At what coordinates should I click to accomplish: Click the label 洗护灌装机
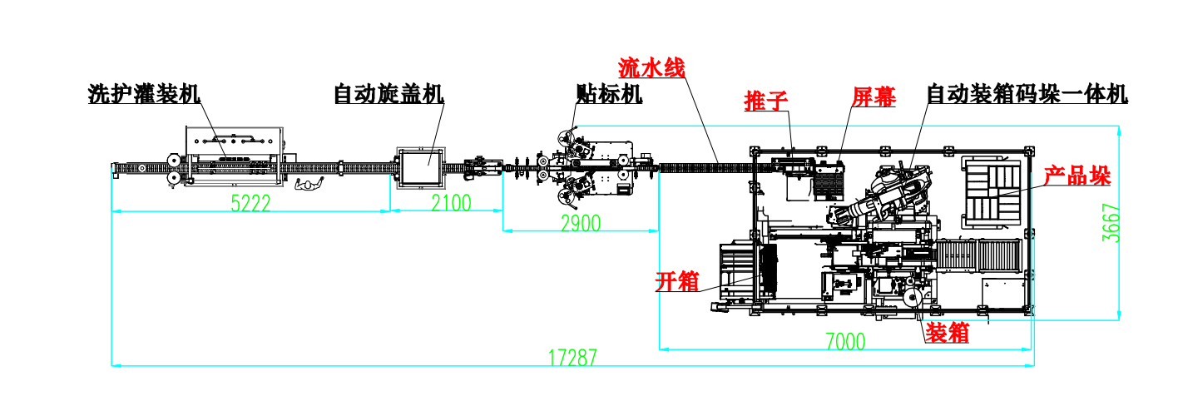[x=145, y=94]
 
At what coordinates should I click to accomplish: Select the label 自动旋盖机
[x=389, y=94]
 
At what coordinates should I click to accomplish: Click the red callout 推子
[x=765, y=101]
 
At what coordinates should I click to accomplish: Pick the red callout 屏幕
[x=874, y=97]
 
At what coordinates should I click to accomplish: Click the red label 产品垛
[x=1077, y=176]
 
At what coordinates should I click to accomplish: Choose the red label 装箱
[x=948, y=333]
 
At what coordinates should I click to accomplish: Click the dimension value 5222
[x=250, y=203]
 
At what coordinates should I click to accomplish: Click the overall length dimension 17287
[x=572, y=358]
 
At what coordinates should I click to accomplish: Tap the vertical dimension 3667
[x=1111, y=223]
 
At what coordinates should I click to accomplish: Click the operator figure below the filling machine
[x=308, y=184]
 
